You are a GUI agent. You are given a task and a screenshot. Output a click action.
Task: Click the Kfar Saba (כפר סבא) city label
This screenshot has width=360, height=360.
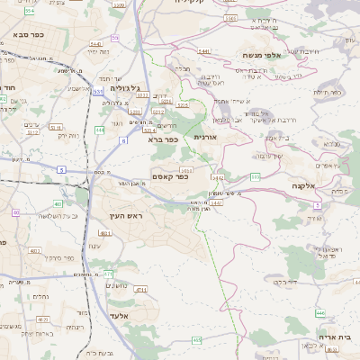point(31,34)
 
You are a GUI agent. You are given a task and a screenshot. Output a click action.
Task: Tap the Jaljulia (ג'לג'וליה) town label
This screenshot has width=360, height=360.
point(126,89)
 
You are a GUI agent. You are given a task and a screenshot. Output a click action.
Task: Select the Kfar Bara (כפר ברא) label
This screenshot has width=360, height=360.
point(164,140)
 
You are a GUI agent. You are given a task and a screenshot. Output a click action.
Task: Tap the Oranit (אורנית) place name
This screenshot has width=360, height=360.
point(207,137)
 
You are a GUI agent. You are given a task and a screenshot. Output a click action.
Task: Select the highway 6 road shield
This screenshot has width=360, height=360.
point(123,139)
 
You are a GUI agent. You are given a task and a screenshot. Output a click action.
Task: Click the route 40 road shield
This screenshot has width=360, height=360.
point(16,212)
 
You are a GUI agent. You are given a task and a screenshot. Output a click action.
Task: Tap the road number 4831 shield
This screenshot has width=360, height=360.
point(105,233)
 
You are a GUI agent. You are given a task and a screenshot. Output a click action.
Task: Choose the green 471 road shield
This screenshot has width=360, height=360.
point(108,273)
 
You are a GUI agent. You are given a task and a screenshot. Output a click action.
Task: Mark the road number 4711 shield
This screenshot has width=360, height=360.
point(140,289)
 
